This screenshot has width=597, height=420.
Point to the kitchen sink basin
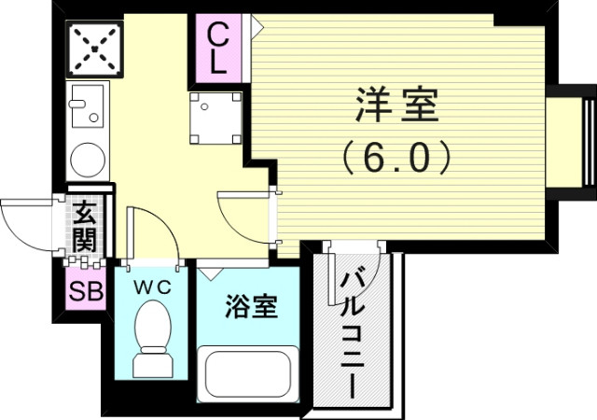click(88, 105)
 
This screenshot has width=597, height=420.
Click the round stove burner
click(88, 156)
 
